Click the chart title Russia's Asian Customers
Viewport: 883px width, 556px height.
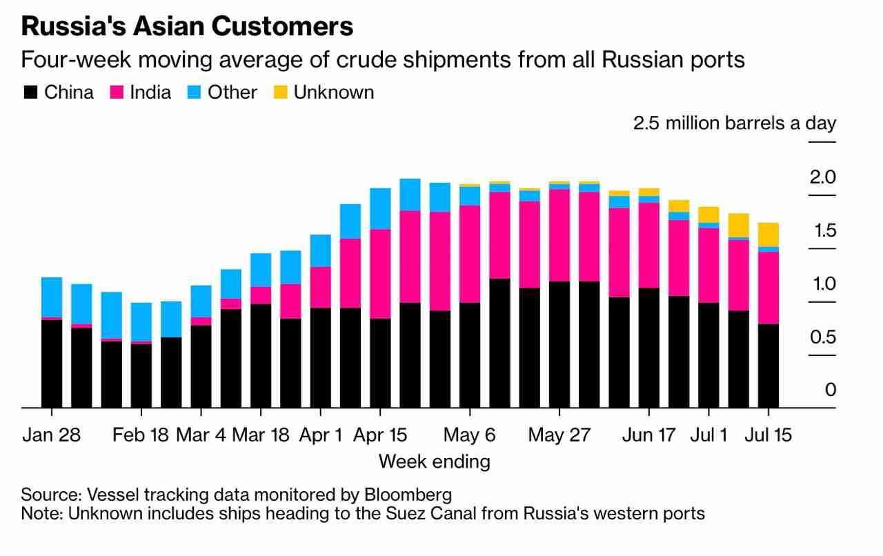(187, 27)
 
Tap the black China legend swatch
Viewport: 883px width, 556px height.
(30, 92)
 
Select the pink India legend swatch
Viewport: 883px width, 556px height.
(116, 92)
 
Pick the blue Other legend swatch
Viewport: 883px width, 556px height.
(195, 92)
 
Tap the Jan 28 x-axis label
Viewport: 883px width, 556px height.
(52, 436)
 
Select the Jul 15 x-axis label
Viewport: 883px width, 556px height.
(768, 436)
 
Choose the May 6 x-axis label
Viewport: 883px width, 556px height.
(469, 436)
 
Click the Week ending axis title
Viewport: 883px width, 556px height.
(434, 461)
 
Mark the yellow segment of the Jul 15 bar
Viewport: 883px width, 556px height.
(768, 235)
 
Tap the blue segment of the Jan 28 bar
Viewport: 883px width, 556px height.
(52, 297)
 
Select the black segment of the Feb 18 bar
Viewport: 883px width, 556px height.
(141, 375)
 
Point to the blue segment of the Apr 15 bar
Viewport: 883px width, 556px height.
(380, 208)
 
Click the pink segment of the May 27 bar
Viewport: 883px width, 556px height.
(559, 235)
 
